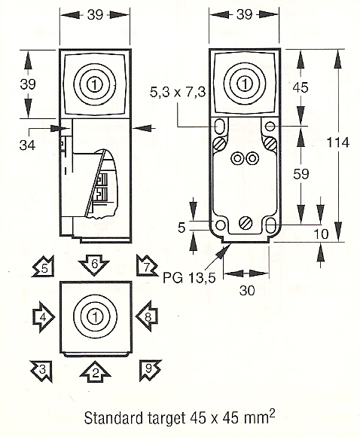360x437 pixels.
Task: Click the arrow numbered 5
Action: (43, 267)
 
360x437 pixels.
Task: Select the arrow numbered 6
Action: (93, 265)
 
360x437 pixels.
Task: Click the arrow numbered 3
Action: (43, 368)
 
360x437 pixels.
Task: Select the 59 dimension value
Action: (301, 174)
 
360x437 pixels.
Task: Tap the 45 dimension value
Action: (301, 88)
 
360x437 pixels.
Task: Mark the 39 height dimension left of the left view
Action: (28, 84)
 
